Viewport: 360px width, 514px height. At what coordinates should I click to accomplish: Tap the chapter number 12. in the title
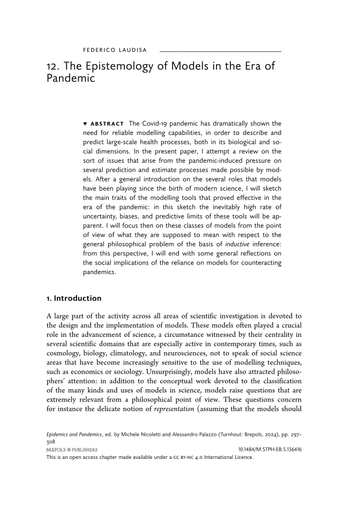click(54, 67)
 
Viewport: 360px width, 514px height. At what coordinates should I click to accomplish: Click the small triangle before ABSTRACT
click(85, 124)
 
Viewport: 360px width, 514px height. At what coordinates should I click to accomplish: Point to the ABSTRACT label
click(107, 124)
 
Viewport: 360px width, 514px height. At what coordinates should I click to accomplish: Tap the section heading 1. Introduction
click(74, 298)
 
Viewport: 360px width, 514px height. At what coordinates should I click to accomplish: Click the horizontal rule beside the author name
click(220, 51)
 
